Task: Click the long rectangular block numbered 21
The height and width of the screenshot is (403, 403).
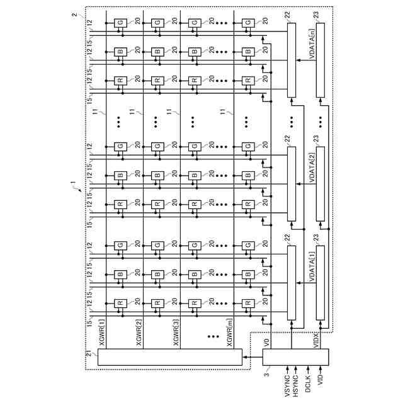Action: pos(170,357)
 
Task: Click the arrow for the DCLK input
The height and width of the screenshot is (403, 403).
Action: pos(308,371)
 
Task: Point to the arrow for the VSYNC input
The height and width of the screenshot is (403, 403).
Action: pos(287,371)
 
